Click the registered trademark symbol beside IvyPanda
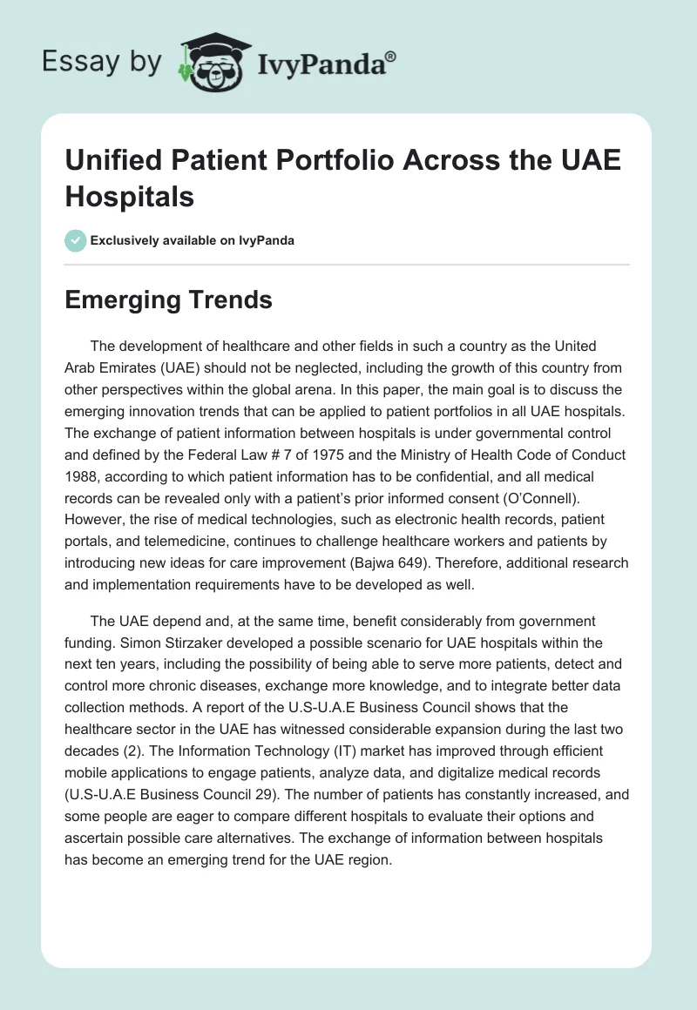[x=391, y=57]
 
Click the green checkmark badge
[x=77, y=240]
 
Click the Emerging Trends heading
[x=169, y=300]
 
